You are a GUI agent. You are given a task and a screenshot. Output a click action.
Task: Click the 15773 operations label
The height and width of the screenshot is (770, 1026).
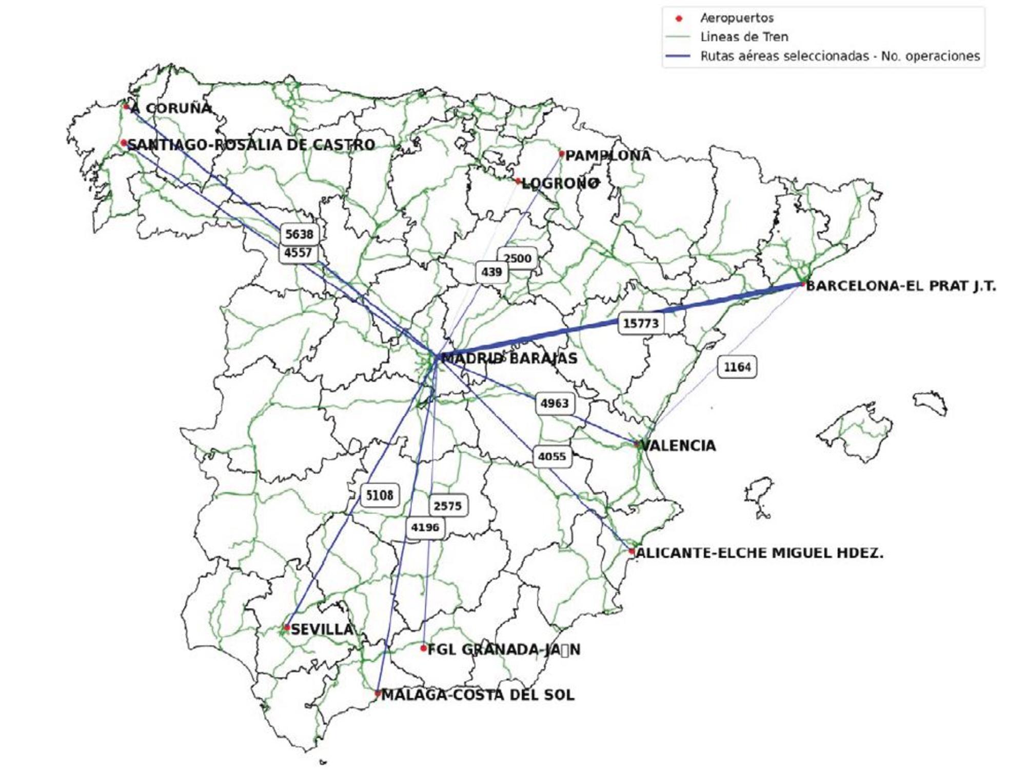pos(641,324)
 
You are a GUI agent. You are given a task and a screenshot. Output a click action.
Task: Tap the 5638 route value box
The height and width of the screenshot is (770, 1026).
pos(299,234)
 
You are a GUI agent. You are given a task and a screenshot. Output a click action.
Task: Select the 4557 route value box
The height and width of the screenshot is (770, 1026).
pos(298,253)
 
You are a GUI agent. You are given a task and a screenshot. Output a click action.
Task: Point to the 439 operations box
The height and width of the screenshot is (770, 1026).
pos(491,272)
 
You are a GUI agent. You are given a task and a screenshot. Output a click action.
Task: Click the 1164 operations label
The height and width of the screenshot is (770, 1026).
pos(737,367)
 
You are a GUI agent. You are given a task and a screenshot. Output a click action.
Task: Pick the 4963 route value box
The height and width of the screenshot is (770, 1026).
pos(555,404)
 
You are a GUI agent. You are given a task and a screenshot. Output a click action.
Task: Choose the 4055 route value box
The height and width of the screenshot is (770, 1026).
pos(551,457)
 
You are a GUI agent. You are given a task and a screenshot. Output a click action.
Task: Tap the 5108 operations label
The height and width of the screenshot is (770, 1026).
pos(380,496)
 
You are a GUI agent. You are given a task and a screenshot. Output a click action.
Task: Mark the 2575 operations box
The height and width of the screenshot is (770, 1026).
pos(448,506)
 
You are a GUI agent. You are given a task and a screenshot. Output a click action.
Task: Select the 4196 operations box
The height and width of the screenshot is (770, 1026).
pos(425,527)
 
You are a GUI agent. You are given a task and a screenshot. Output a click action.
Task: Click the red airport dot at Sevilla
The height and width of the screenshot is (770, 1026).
pos(287,627)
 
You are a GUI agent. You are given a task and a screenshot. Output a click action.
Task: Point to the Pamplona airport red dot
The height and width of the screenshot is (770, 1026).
pos(562,153)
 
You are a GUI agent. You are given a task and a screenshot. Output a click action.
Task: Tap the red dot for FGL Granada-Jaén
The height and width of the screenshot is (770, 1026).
pos(423,648)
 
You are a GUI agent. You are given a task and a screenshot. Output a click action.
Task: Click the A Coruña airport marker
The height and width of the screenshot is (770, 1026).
pos(126,107)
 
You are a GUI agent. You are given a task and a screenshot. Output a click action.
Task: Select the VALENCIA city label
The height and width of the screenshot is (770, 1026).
pos(678,445)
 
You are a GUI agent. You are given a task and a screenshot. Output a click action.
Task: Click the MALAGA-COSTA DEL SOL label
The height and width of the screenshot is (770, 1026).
pos(478,695)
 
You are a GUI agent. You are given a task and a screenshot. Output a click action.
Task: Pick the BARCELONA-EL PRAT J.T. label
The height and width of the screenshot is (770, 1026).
pos(901,286)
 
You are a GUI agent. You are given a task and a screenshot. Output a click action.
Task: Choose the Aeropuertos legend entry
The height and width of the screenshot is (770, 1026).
pos(737,18)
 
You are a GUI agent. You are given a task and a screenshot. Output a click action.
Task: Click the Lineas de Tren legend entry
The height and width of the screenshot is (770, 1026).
pos(744,37)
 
